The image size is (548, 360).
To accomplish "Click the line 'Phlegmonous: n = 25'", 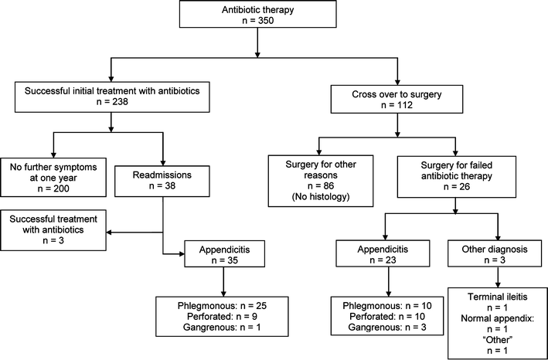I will click(223, 305).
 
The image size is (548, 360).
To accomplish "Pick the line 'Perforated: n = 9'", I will click(223, 318).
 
